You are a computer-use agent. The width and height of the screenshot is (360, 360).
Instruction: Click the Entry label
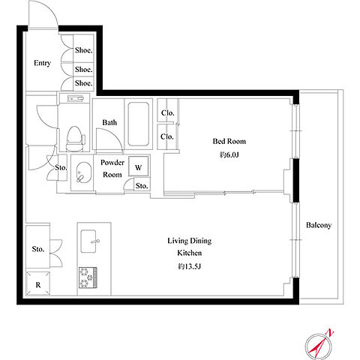tap(42, 63)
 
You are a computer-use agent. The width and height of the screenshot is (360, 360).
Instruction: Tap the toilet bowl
tap(74, 139)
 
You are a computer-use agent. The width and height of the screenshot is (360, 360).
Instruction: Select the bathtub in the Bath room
tap(138, 124)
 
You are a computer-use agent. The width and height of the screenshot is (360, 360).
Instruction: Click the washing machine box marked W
tap(139, 167)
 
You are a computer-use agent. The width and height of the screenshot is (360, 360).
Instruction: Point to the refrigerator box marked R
tap(38, 283)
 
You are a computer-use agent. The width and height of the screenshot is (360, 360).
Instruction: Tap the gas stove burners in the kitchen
tap(88, 277)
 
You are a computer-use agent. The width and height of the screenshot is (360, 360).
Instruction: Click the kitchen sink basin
tap(88, 241)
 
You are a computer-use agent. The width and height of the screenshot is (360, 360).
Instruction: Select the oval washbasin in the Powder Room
tap(82, 172)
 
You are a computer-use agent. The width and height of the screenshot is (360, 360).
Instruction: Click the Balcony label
tap(319, 225)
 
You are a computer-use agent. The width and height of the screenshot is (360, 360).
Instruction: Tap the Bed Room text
tap(229, 141)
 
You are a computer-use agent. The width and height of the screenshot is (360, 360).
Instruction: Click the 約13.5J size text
tap(189, 267)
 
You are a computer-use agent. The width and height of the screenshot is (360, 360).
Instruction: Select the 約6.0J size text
tap(229, 155)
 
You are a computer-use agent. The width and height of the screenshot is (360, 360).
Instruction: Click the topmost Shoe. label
tap(84, 50)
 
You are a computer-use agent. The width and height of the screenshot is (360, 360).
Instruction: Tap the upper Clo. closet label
tap(167, 113)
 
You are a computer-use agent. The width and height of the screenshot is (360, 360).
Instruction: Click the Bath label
tap(109, 122)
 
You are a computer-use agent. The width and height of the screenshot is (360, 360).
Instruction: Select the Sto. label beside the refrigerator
tap(38, 249)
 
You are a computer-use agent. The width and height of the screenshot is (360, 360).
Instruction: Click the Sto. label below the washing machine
tap(142, 186)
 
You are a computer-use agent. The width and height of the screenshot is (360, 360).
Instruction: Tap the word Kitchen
tap(190, 253)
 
